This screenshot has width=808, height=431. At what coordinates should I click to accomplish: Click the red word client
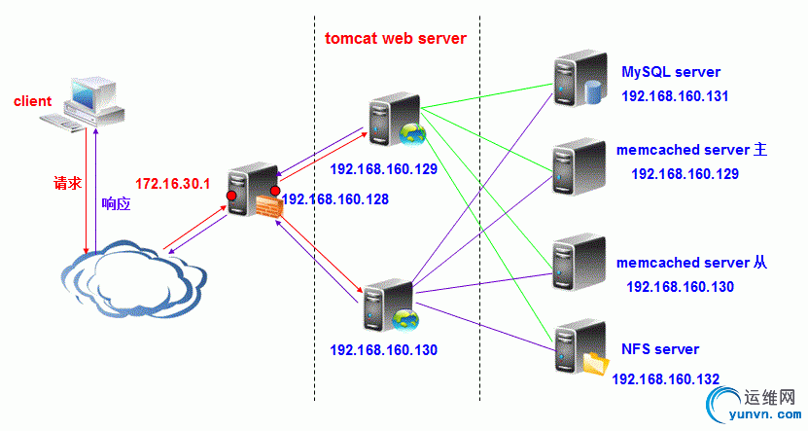coord(32,101)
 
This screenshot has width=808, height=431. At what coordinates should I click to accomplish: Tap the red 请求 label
coord(67,182)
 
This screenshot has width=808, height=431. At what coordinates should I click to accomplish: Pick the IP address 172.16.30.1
coord(172,183)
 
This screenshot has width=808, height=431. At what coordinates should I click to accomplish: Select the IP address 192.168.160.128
coord(335,198)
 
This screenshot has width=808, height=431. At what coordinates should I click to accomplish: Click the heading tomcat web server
coord(396,39)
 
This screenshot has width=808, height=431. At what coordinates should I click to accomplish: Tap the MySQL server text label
coord(671,72)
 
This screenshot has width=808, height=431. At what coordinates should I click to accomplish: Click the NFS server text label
coord(659,348)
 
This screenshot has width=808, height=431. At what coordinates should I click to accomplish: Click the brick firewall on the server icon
coord(269,205)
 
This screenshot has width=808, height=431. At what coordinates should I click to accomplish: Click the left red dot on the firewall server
coord(231,197)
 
